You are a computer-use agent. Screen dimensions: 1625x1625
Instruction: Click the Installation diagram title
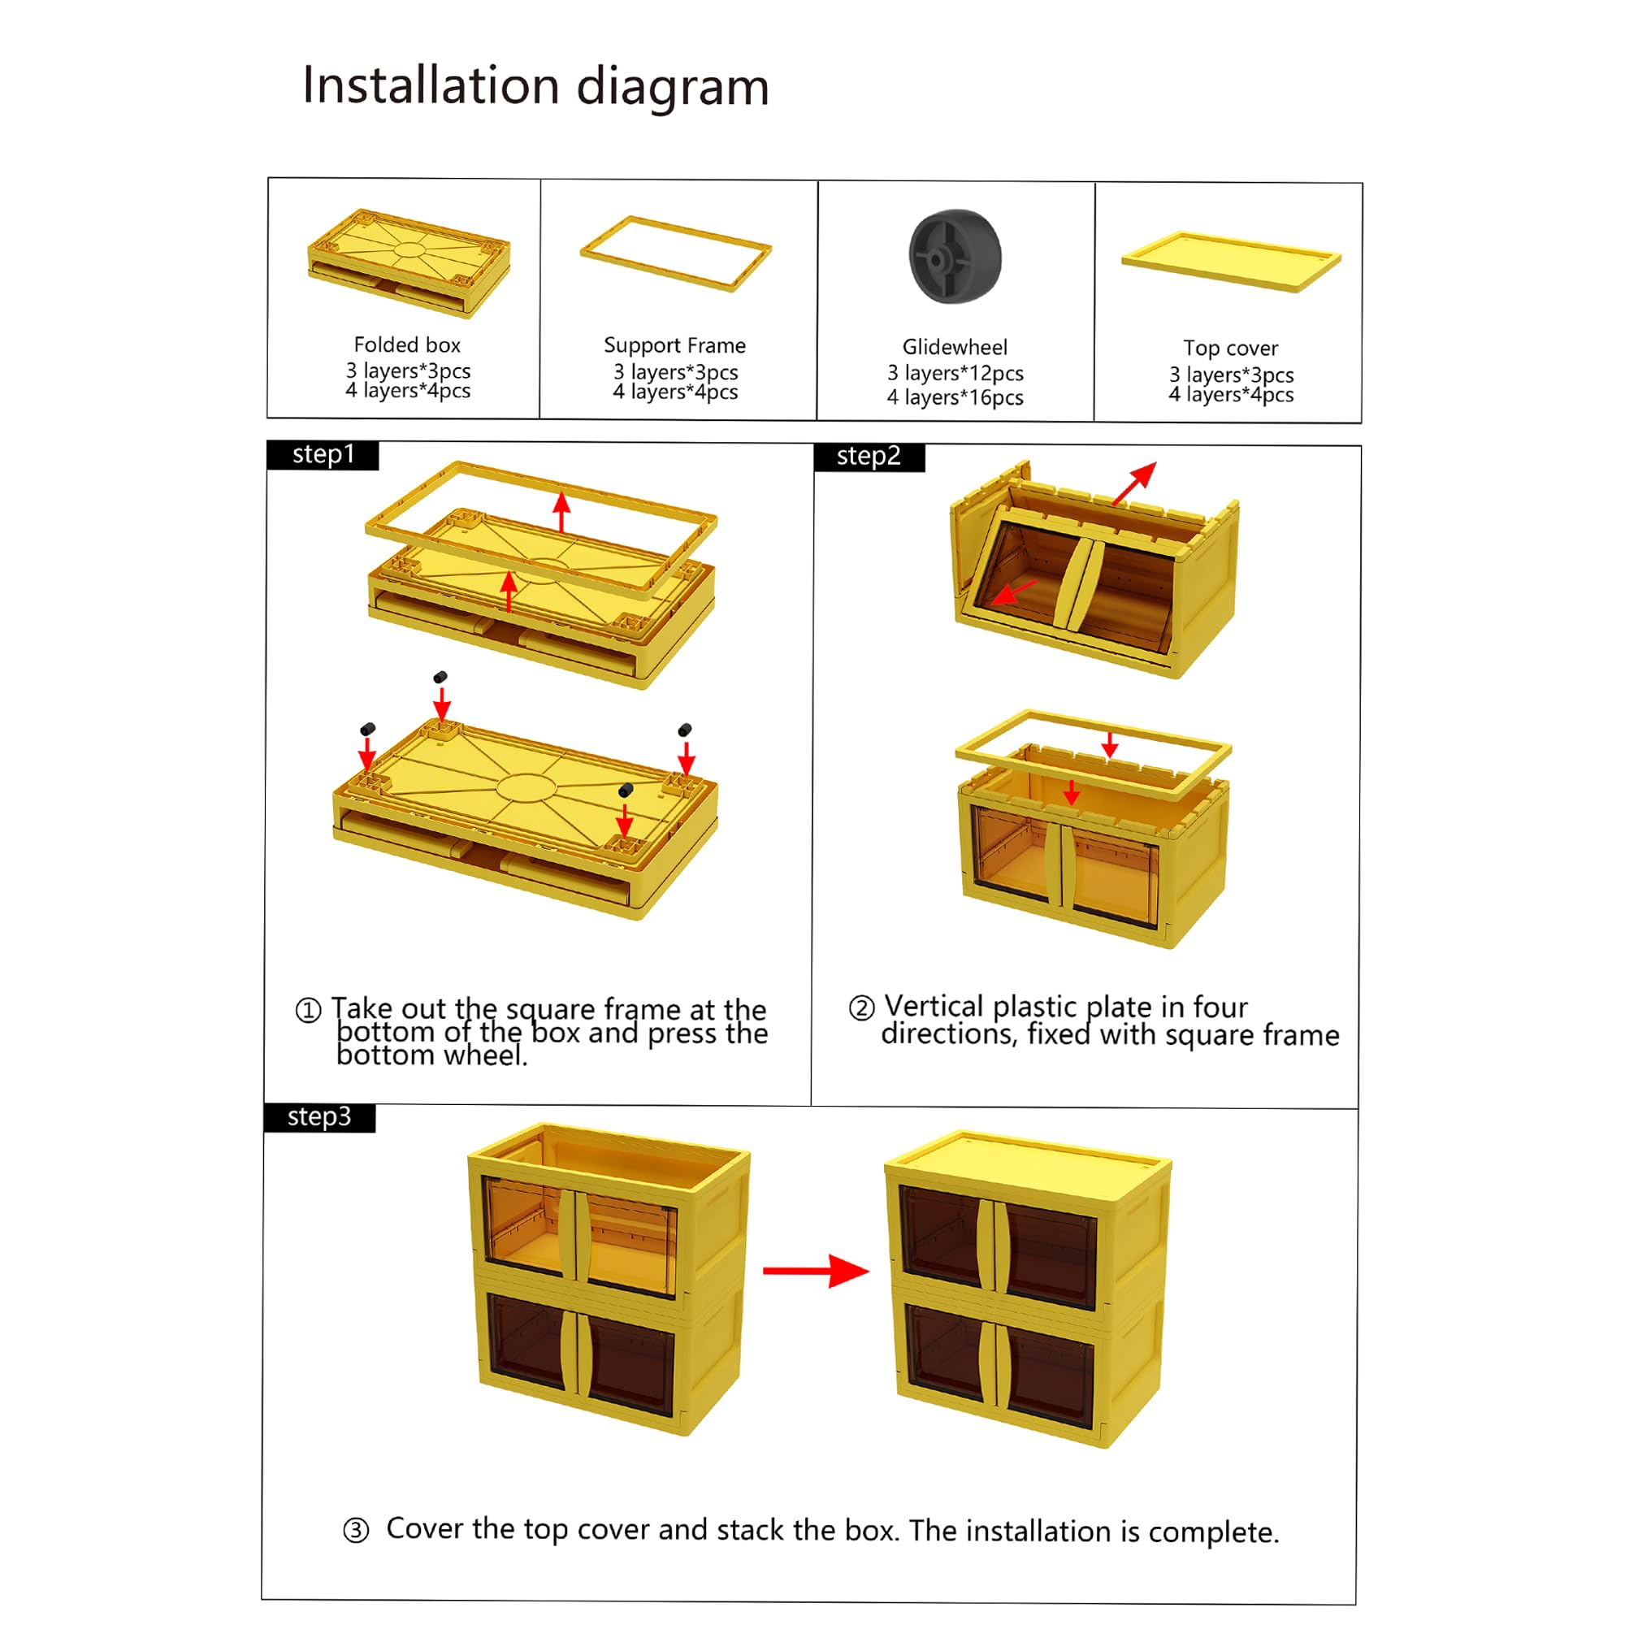(x=535, y=87)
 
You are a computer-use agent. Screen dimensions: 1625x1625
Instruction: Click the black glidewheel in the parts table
(x=955, y=256)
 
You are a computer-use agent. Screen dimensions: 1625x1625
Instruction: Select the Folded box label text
(x=407, y=344)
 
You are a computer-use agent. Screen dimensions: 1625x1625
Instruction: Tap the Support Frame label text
(x=674, y=345)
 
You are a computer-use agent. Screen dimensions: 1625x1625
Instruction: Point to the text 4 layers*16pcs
(x=955, y=397)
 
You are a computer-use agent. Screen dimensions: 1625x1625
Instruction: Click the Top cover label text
(x=1229, y=349)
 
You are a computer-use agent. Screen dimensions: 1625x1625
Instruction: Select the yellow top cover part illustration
(x=1229, y=261)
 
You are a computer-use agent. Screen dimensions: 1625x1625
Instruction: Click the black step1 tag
(x=323, y=455)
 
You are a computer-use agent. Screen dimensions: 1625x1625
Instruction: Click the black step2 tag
(x=869, y=457)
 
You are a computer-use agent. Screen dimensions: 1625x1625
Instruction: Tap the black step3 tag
(x=319, y=1117)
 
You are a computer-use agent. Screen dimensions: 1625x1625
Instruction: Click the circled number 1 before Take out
(x=309, y=1010)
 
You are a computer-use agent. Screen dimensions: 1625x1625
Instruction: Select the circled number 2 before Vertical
(x=861, y=1007)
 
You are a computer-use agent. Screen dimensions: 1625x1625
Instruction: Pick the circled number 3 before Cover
(x=356, y=1530)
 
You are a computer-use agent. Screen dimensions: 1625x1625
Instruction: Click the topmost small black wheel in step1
(x=440, y=677)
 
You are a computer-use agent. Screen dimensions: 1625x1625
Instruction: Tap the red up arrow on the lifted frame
(x=562, y=511)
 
